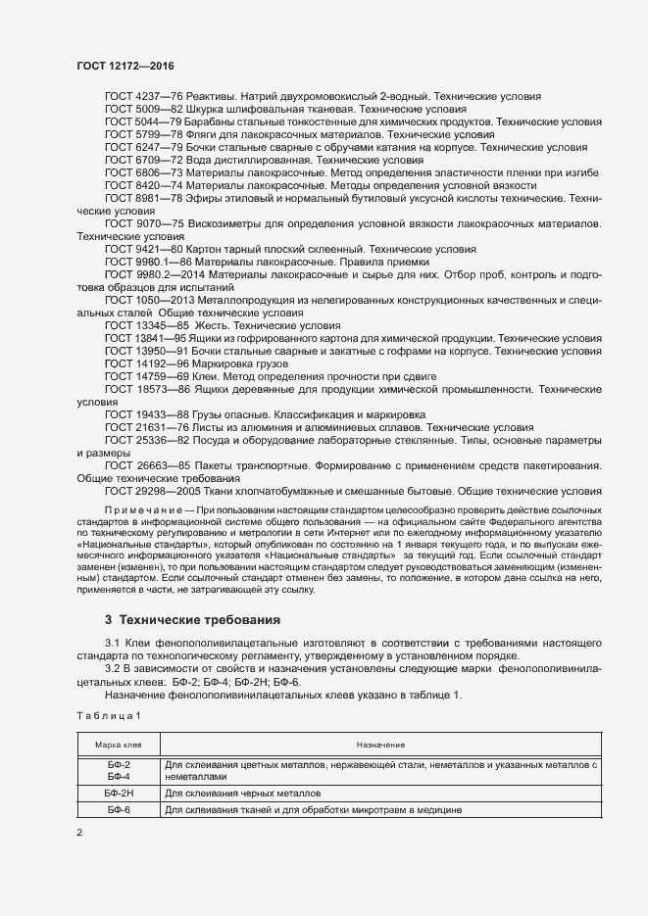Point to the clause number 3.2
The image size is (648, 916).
(x=113, y=667)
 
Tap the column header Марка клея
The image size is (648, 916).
(x=118, y=746)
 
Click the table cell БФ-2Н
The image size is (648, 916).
(x=118, y=793)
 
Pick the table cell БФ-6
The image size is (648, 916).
(x=118, y=810)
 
